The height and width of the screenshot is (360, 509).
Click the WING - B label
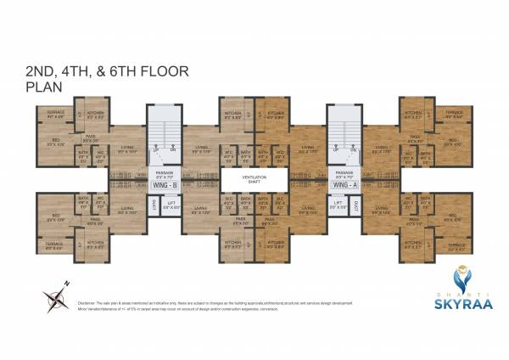pos(164,183)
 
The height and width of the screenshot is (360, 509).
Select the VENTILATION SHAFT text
pos(254,179)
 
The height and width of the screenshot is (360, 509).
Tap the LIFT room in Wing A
pos(338,205)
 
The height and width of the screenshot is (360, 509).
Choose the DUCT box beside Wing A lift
pos(355,204)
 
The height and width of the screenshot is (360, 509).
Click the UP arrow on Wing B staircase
pos(154,149)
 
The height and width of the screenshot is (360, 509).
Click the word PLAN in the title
pos(41,86)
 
